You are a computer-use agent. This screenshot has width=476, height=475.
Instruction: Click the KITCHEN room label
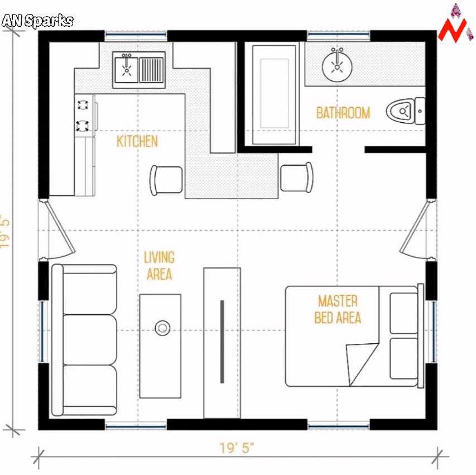pos(137,142)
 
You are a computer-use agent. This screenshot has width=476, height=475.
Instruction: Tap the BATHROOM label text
pos(343,113)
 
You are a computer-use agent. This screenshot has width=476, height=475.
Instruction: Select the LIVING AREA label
pos(160,266)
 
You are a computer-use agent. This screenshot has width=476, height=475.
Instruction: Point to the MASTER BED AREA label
pos(338,309)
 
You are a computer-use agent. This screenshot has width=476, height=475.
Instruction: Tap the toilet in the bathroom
pos(406,111)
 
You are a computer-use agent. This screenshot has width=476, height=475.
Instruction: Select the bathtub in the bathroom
pos(274,95)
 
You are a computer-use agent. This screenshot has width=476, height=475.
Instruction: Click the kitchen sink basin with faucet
pos(127,70)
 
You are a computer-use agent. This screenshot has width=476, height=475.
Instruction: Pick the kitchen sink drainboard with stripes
pos(151,70)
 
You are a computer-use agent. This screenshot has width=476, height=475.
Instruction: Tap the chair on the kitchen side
pos(166,180)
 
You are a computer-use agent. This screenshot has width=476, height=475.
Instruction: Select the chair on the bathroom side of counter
pos(297,178)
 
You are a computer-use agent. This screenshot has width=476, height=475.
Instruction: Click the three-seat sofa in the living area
pos(84,340)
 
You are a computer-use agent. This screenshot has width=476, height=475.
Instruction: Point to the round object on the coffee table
pos(162,328)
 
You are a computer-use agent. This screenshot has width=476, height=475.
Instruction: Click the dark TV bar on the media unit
pos(222,342)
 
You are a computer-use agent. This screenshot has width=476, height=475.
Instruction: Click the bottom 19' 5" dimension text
pos(237,448)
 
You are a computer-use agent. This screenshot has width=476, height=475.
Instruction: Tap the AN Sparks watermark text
pos(37,21)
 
